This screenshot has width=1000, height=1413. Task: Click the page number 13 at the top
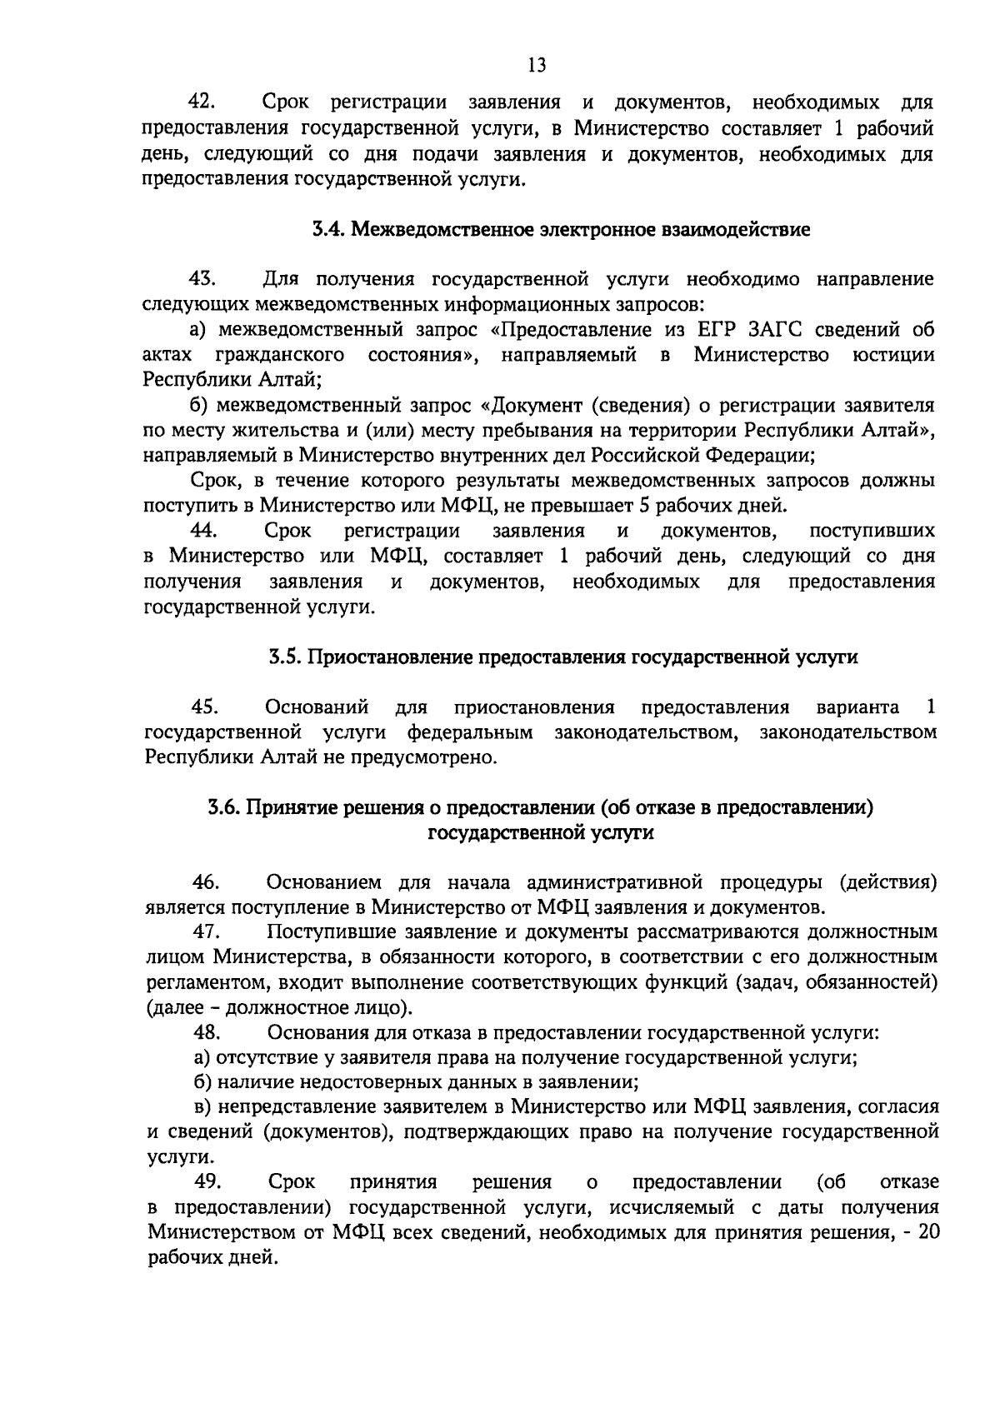click(537, 65)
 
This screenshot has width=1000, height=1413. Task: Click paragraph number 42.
click(202, 103)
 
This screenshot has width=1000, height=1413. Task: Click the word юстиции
click(894, 356)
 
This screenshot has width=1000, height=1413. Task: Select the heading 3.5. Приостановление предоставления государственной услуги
click(562, 657)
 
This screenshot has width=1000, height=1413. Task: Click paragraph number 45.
click(204, 708)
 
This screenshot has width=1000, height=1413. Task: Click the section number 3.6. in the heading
click(225, 807)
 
